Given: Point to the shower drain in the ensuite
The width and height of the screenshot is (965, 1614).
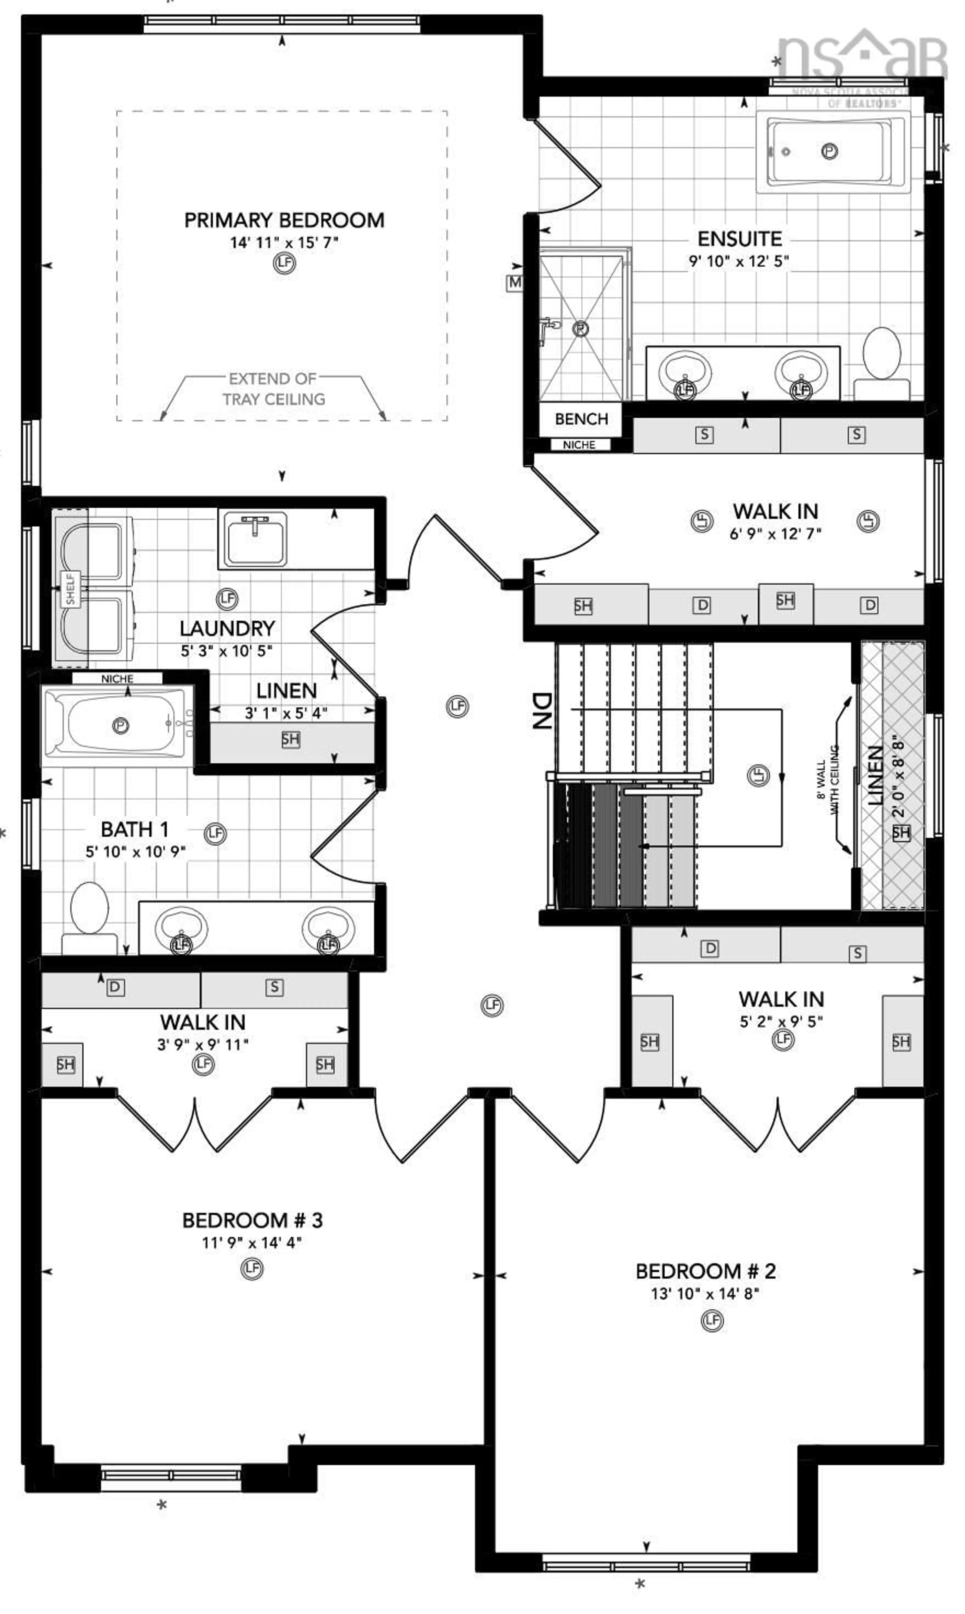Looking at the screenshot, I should pyautogui.click(x=580, y=329).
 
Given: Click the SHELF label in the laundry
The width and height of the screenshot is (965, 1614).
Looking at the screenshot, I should pyautogui.click(x=70, y=589).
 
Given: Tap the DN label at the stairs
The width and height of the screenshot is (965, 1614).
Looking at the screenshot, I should pyautogui.click(x=542, y=710).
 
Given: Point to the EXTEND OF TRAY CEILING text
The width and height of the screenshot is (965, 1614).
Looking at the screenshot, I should pyautogui.click(x=273, y=389).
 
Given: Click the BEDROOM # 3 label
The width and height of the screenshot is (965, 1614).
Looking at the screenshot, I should pyautogui.click(x=252, y=1220).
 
